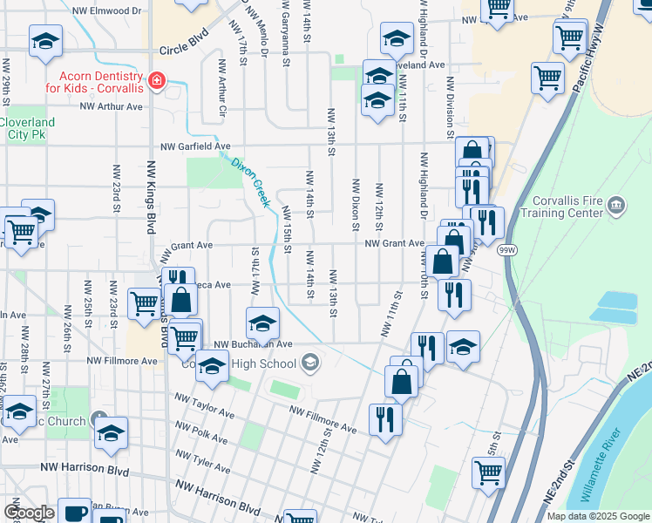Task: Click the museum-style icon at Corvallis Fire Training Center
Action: click(x=617, y=206)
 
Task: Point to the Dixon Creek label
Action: click(x=248, y=180)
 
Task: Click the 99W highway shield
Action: click(x=507, y=250)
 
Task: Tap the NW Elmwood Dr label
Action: click(x=109, y=11)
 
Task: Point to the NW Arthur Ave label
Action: click(x=111, y=107)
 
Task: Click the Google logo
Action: click(x=28, y=513)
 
